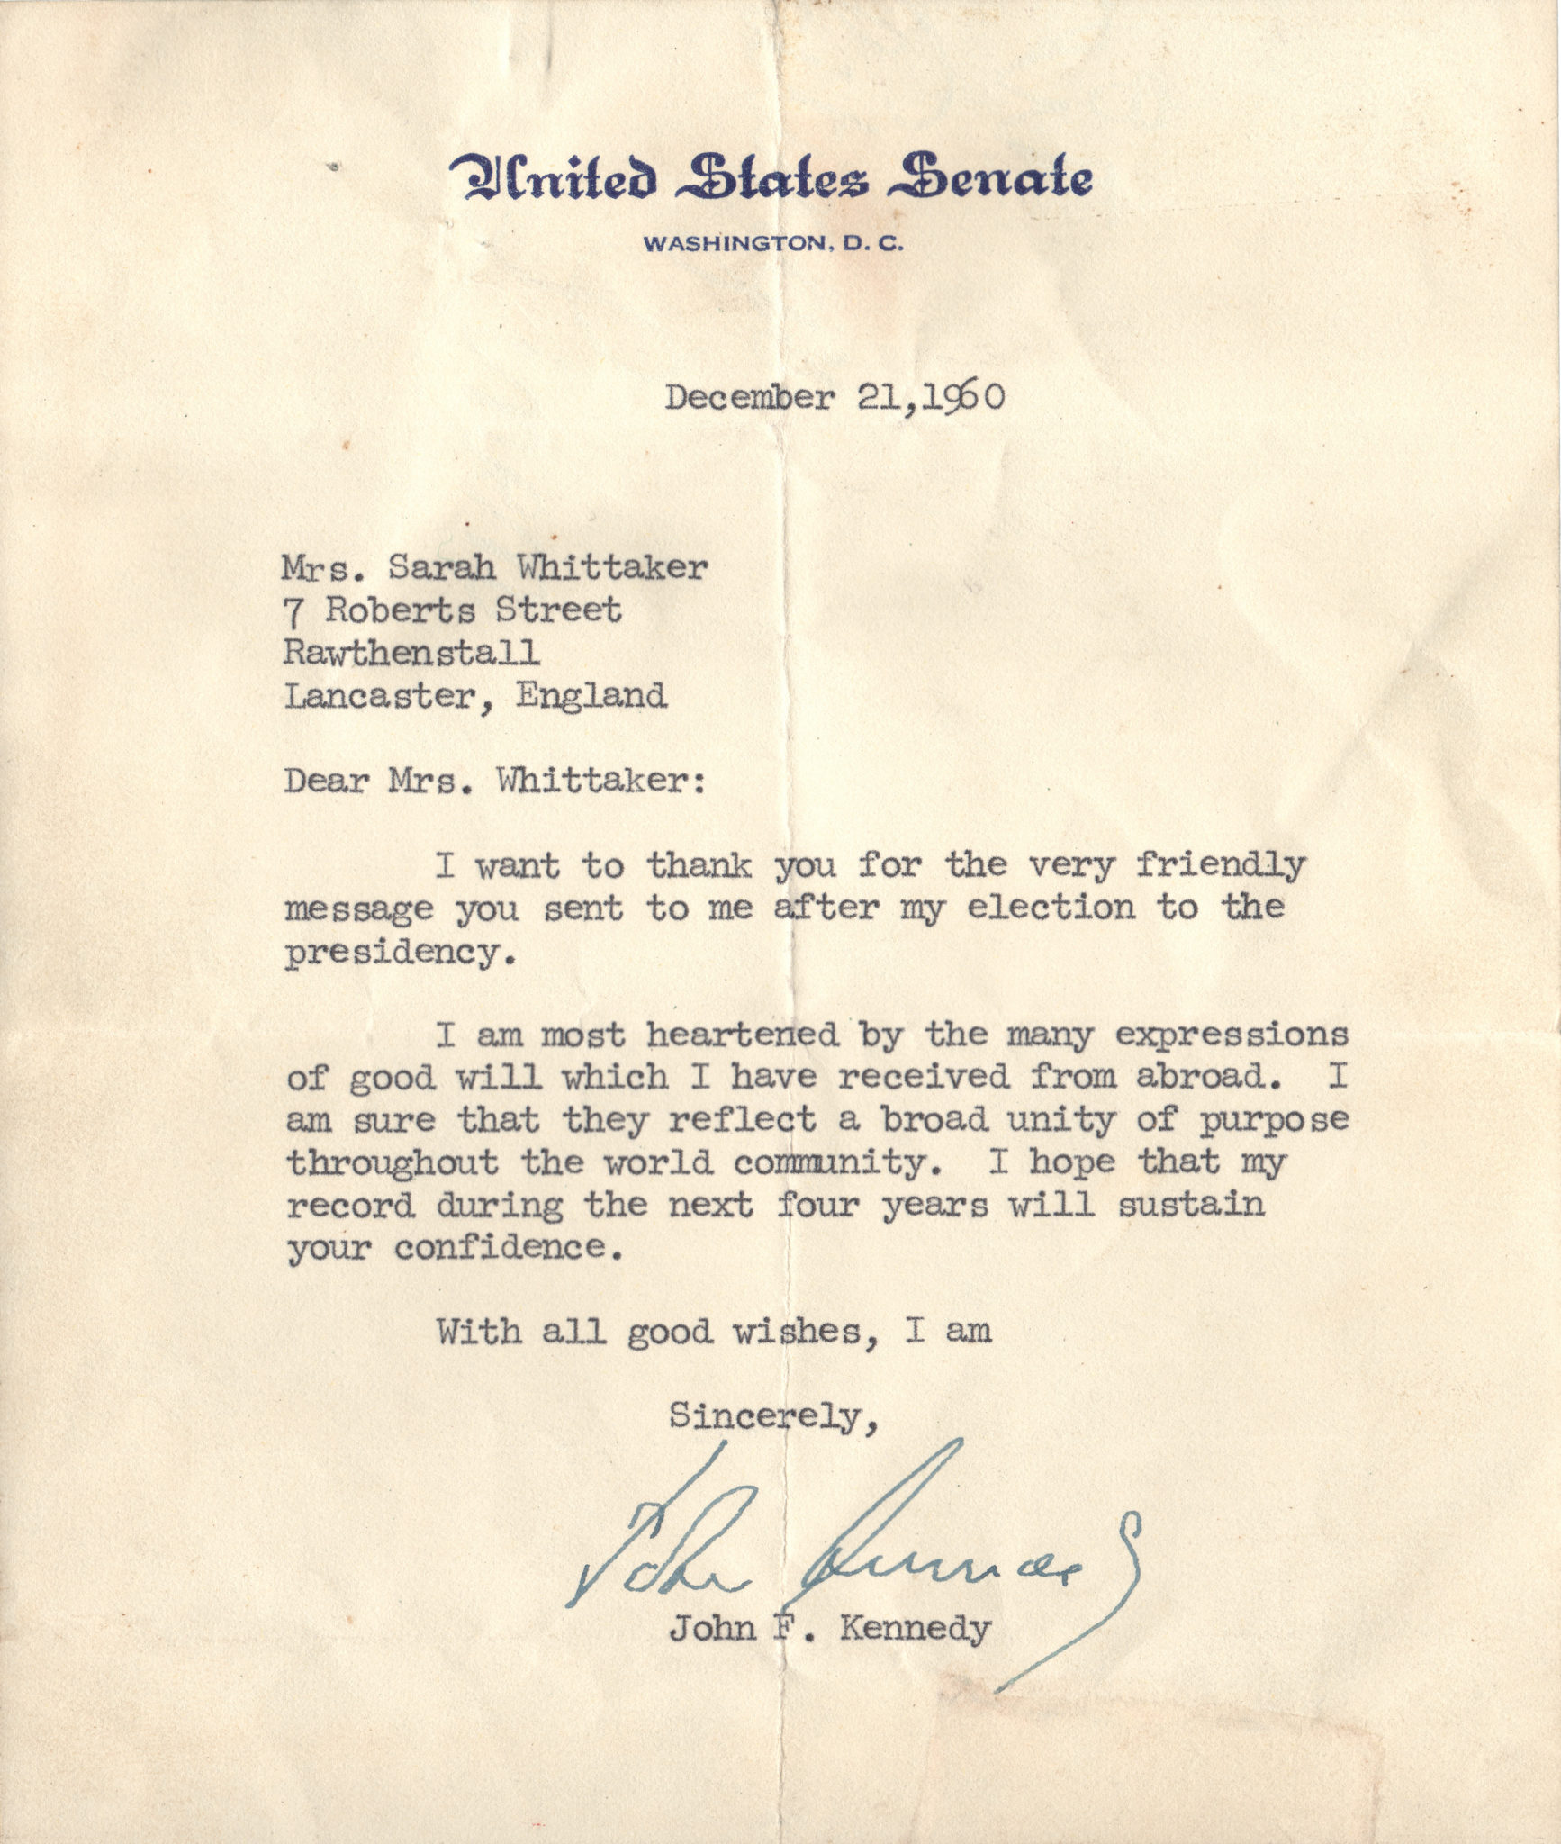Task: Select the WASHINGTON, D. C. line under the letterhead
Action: pos(772,243)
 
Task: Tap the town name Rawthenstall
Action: pos(411,652)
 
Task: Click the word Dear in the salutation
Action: pos(326,780)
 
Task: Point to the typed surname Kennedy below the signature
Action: pos(913,1630)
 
